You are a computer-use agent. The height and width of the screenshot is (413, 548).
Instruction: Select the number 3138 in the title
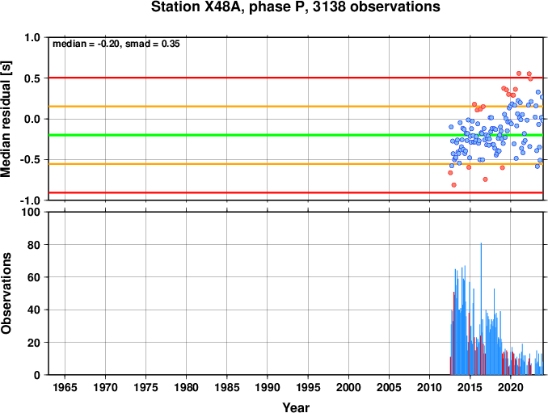[330, 6]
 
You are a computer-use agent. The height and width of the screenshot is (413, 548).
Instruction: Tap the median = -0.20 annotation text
[85, 44]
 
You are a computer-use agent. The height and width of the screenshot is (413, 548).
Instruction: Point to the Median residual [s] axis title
[6, 119]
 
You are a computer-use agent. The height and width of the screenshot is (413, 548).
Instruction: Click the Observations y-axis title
[6, 293]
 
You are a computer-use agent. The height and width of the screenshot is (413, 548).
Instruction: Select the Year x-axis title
[296, 407]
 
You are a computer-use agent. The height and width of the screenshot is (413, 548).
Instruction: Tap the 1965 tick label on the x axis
[65, 387]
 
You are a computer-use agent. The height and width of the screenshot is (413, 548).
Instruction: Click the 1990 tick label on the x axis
[268, 387]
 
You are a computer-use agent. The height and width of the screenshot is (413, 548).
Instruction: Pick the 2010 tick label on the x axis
[429, 387]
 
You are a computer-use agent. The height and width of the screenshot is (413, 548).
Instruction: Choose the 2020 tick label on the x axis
[510, 387]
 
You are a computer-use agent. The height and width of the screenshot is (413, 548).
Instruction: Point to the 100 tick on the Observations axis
[31, 212]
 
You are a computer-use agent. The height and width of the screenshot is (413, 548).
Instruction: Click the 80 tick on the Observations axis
[34, 245]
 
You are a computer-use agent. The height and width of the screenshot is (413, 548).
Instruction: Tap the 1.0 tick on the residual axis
[32, 37]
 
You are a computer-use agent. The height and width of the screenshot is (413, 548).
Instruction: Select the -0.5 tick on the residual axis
[31, 160]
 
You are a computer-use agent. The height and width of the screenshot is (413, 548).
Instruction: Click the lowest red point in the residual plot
[453, 185]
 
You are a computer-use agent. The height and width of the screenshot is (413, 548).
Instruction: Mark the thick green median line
[296, 135]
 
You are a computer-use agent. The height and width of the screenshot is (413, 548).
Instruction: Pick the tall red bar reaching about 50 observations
[453, 333]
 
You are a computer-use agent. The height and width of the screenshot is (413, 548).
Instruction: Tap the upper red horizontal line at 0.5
[296, 78]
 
